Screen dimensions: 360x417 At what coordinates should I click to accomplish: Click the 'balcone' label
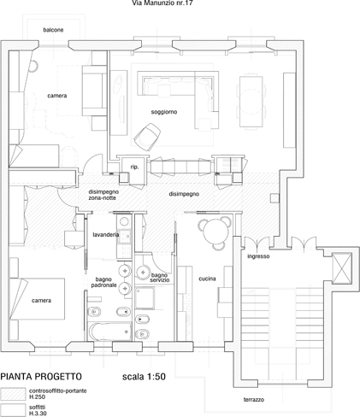[x=53, y=30]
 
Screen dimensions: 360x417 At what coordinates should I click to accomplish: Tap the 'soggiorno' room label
[x=164, y=112]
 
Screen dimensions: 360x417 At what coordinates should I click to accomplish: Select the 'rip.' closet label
[x=134, y=167]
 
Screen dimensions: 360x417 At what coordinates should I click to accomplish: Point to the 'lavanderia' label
[x=106, y=235]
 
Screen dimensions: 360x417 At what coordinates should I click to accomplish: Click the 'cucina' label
[x=207, y=279]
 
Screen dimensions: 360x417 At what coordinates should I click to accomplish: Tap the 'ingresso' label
[x=258, y=256]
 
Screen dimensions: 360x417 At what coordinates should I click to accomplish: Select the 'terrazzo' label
[x=254, y=400]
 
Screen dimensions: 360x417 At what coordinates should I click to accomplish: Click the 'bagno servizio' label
[x=160, y=278]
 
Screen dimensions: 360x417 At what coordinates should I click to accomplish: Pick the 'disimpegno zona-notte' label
[x=103, y=195]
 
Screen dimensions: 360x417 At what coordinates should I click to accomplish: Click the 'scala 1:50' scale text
[x=144, y=377]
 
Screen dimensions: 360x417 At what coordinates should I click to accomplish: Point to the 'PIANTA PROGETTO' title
[x=41, y=377]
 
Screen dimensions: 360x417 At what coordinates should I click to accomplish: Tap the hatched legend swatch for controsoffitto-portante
[x=13, y=394]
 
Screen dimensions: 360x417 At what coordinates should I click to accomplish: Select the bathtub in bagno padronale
[x=110, y=332]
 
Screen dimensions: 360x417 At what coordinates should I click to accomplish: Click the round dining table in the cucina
[x=216, y=232]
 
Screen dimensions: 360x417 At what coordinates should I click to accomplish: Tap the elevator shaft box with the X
[x=342, y=268]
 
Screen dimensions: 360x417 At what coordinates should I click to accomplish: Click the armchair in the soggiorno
[x=147, y=137]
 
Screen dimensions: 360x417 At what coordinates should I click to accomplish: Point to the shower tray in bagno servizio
[x=145, y=298]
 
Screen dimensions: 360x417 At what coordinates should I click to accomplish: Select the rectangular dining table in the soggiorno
[x=251, y=101]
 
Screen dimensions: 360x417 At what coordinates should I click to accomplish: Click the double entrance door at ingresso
[x=258, y=244]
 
